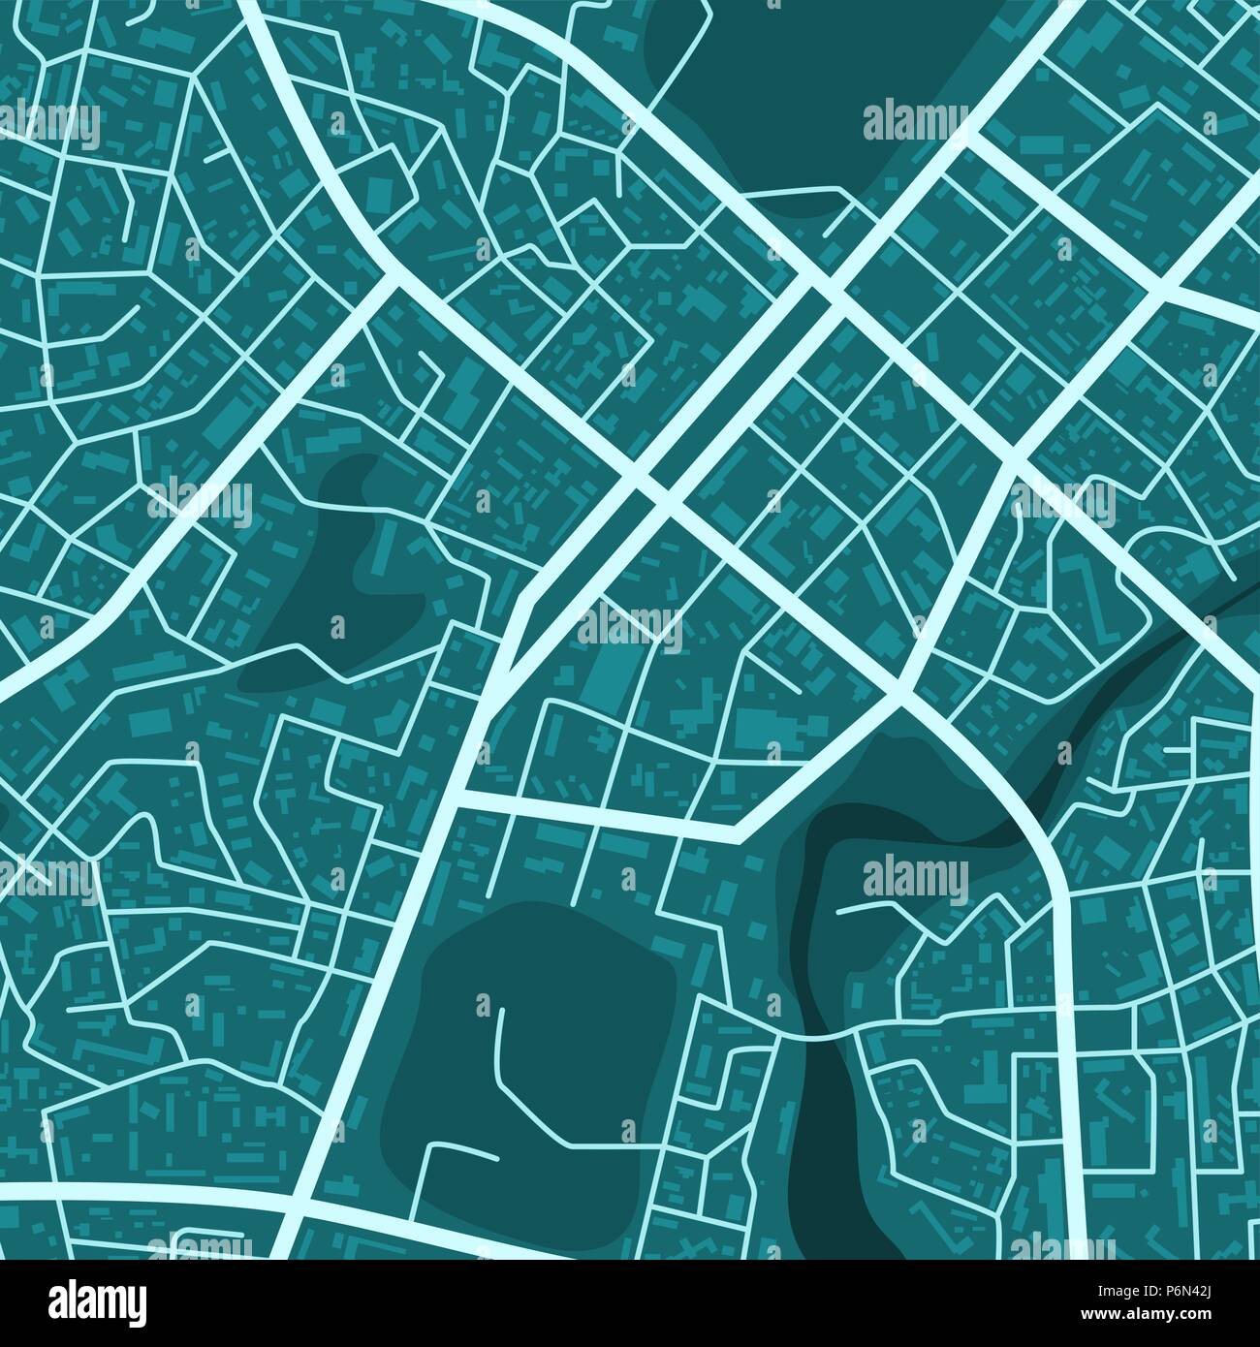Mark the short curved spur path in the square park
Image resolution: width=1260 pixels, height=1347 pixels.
coord(460,1151)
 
